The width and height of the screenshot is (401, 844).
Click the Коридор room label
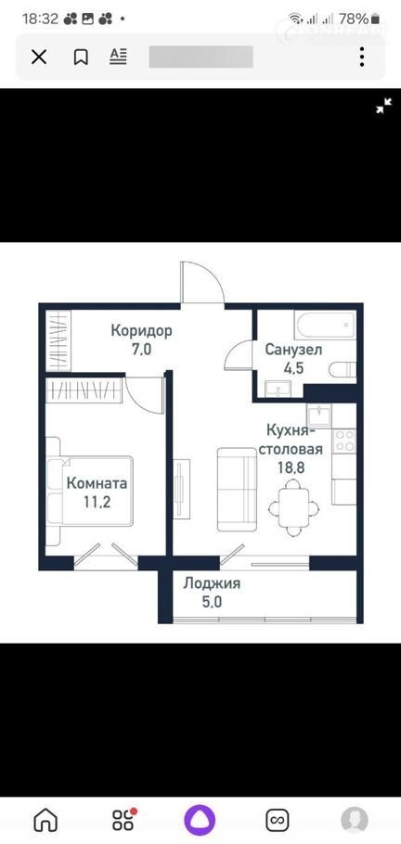(142, 330)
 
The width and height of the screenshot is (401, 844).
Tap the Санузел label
(293, 350)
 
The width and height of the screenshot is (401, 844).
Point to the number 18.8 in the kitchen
(291, 467)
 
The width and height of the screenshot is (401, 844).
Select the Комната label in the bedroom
(97, 483)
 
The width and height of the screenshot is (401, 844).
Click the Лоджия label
(212, 583)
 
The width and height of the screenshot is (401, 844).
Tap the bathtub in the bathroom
(325, 324)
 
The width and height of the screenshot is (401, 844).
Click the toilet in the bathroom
(343, 370)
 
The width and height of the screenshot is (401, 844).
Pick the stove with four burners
(343, 441)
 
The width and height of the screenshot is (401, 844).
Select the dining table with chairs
(293, 507)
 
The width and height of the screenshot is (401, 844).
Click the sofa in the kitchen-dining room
(237, 490)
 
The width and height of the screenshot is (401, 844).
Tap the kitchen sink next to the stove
(319, 416)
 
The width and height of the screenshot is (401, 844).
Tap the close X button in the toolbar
(39, 57)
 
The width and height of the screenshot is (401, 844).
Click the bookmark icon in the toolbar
(81, 57)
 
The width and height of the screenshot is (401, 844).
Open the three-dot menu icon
(362, 57)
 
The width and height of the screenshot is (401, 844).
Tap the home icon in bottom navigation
(45, 820)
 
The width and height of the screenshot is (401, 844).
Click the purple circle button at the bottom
(200, 820)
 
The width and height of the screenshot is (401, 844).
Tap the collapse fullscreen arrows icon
(383, 106)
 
